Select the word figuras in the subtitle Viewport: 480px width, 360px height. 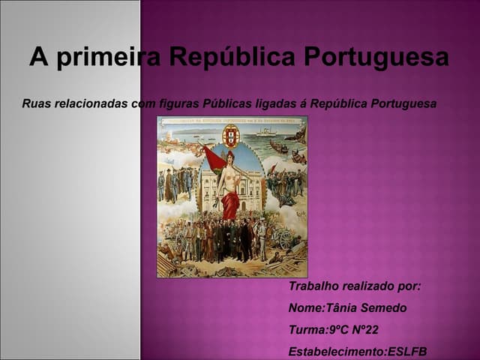[179, 103]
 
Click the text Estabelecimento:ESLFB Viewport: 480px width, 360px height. [358, 352]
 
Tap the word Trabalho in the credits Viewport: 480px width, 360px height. [313, 286]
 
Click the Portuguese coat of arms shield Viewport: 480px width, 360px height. [231, 136]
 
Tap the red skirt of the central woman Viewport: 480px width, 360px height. [231, 204]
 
